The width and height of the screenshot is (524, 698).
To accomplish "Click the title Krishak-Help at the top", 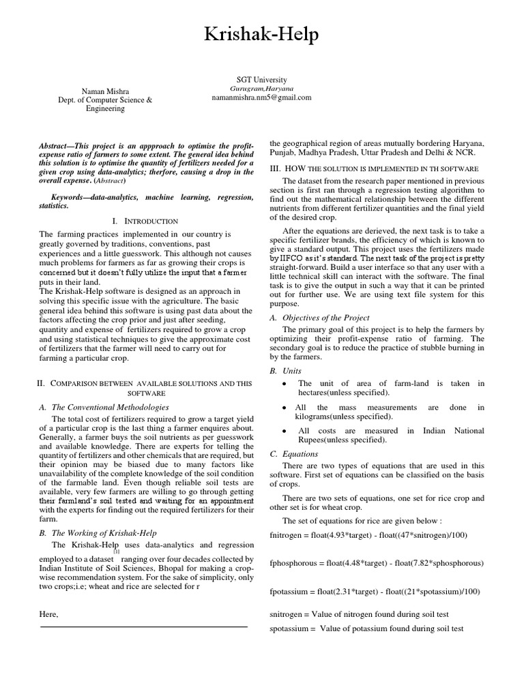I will click(x=261, y=35).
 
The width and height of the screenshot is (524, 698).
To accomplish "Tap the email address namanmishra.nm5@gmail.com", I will click(x=261, y=97).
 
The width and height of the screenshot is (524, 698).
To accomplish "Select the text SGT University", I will click(x=261, y=80).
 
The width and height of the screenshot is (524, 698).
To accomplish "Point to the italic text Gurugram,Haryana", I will click(x=261, y=89).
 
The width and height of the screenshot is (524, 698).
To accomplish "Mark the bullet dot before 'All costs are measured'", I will click(x=284, y=431).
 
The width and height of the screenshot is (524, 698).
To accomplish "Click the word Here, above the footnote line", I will click(x=49, y=614).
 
